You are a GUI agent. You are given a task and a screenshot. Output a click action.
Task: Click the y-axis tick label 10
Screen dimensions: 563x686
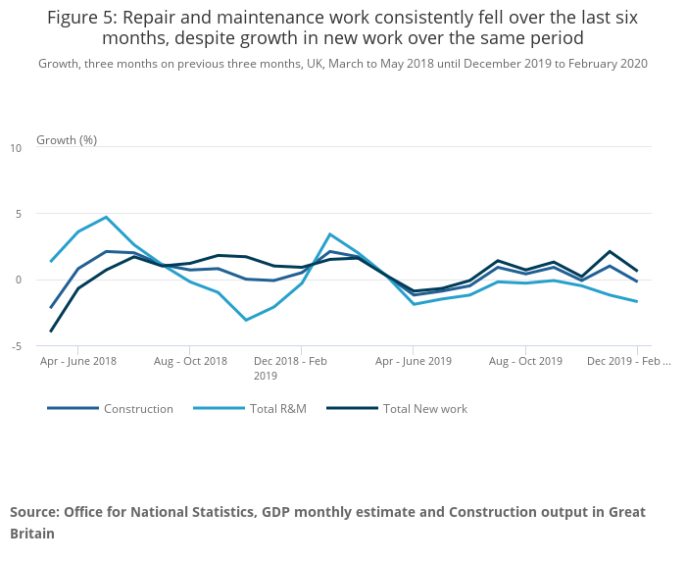click(x=15, y=148)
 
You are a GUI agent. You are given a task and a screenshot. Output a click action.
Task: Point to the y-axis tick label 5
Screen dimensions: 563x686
click(x=15, y=214)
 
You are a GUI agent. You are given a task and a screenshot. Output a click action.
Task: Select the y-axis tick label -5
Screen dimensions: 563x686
click(x=15, y=345)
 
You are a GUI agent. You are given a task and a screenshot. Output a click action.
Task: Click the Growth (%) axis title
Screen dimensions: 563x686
click(x=67, y=139)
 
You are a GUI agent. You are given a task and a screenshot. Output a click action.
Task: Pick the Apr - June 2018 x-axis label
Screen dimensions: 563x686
click(x=77, y=361)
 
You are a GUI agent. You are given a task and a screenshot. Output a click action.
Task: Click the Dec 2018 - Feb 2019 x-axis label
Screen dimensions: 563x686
click(x=290, y=368)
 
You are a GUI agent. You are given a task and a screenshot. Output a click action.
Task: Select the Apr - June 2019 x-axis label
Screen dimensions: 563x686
click(x=413, y=361)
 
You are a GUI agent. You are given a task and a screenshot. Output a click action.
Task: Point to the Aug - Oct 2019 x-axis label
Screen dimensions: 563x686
click(x=525, y=361)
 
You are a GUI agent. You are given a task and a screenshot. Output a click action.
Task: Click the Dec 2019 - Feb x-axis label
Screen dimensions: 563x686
click(x=628, y=361)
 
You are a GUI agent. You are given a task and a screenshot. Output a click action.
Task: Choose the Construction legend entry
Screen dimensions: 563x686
click(x=138, y=409)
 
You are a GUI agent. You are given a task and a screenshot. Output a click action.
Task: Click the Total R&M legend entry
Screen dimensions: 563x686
click(x=277, y=409)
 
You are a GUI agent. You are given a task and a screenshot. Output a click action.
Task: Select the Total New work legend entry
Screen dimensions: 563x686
click(x=424, y=409)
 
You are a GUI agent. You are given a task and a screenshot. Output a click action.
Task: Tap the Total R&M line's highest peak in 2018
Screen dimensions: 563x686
click(x=106, y=217)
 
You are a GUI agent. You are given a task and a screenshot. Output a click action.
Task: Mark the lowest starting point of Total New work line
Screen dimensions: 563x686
click(x=51, y=332)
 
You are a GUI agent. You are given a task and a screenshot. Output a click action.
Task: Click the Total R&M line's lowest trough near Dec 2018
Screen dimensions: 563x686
click(x=246, y=320)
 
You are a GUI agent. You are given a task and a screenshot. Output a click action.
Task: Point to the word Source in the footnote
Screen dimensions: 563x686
click(x=35, y=512)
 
